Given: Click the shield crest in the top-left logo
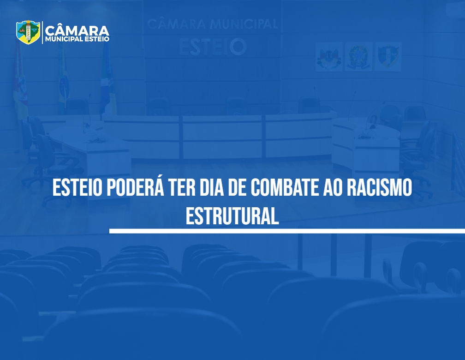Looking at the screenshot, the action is point(28,32).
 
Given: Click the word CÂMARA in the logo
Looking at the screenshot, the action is point(77,30).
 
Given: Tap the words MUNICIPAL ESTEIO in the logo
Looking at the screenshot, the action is point(77,39).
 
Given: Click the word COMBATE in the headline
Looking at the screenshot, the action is point(285,187).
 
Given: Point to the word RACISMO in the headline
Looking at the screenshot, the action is point(379,187).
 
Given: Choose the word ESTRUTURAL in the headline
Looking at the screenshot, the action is point(232,216).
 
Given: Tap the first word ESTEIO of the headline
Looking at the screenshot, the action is point(77,187).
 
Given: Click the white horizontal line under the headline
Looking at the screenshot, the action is point(287,231).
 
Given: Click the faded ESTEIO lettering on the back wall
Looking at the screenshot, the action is point(213,47).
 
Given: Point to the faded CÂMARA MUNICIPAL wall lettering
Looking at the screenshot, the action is point(213,24).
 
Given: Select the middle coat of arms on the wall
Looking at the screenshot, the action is point(358,57).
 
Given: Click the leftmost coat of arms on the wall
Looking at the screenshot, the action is point(329,57).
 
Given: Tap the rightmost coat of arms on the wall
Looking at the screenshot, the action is point(388,57).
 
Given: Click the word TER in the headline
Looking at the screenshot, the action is point(182,187).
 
